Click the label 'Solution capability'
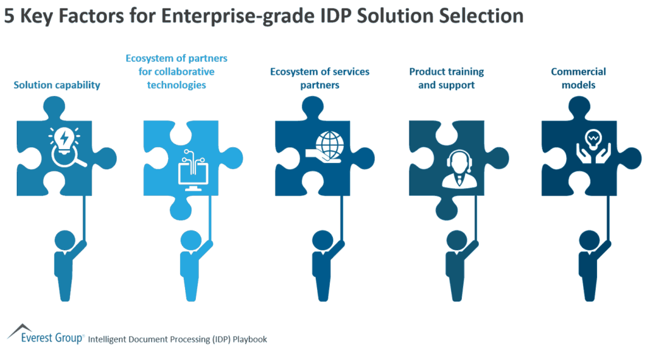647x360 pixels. click(x=57, y=85)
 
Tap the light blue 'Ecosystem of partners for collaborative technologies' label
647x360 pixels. click(x=176, y=71)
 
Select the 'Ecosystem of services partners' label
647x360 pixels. click(x=320, y=78)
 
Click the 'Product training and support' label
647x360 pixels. click(x=446, y=78)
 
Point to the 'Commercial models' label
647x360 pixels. click(x=578, y=78)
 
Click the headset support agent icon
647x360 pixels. click(x=457, y=169)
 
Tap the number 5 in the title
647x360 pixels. click(x=9, y=16)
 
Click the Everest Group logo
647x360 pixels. click(x=44, y=335)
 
